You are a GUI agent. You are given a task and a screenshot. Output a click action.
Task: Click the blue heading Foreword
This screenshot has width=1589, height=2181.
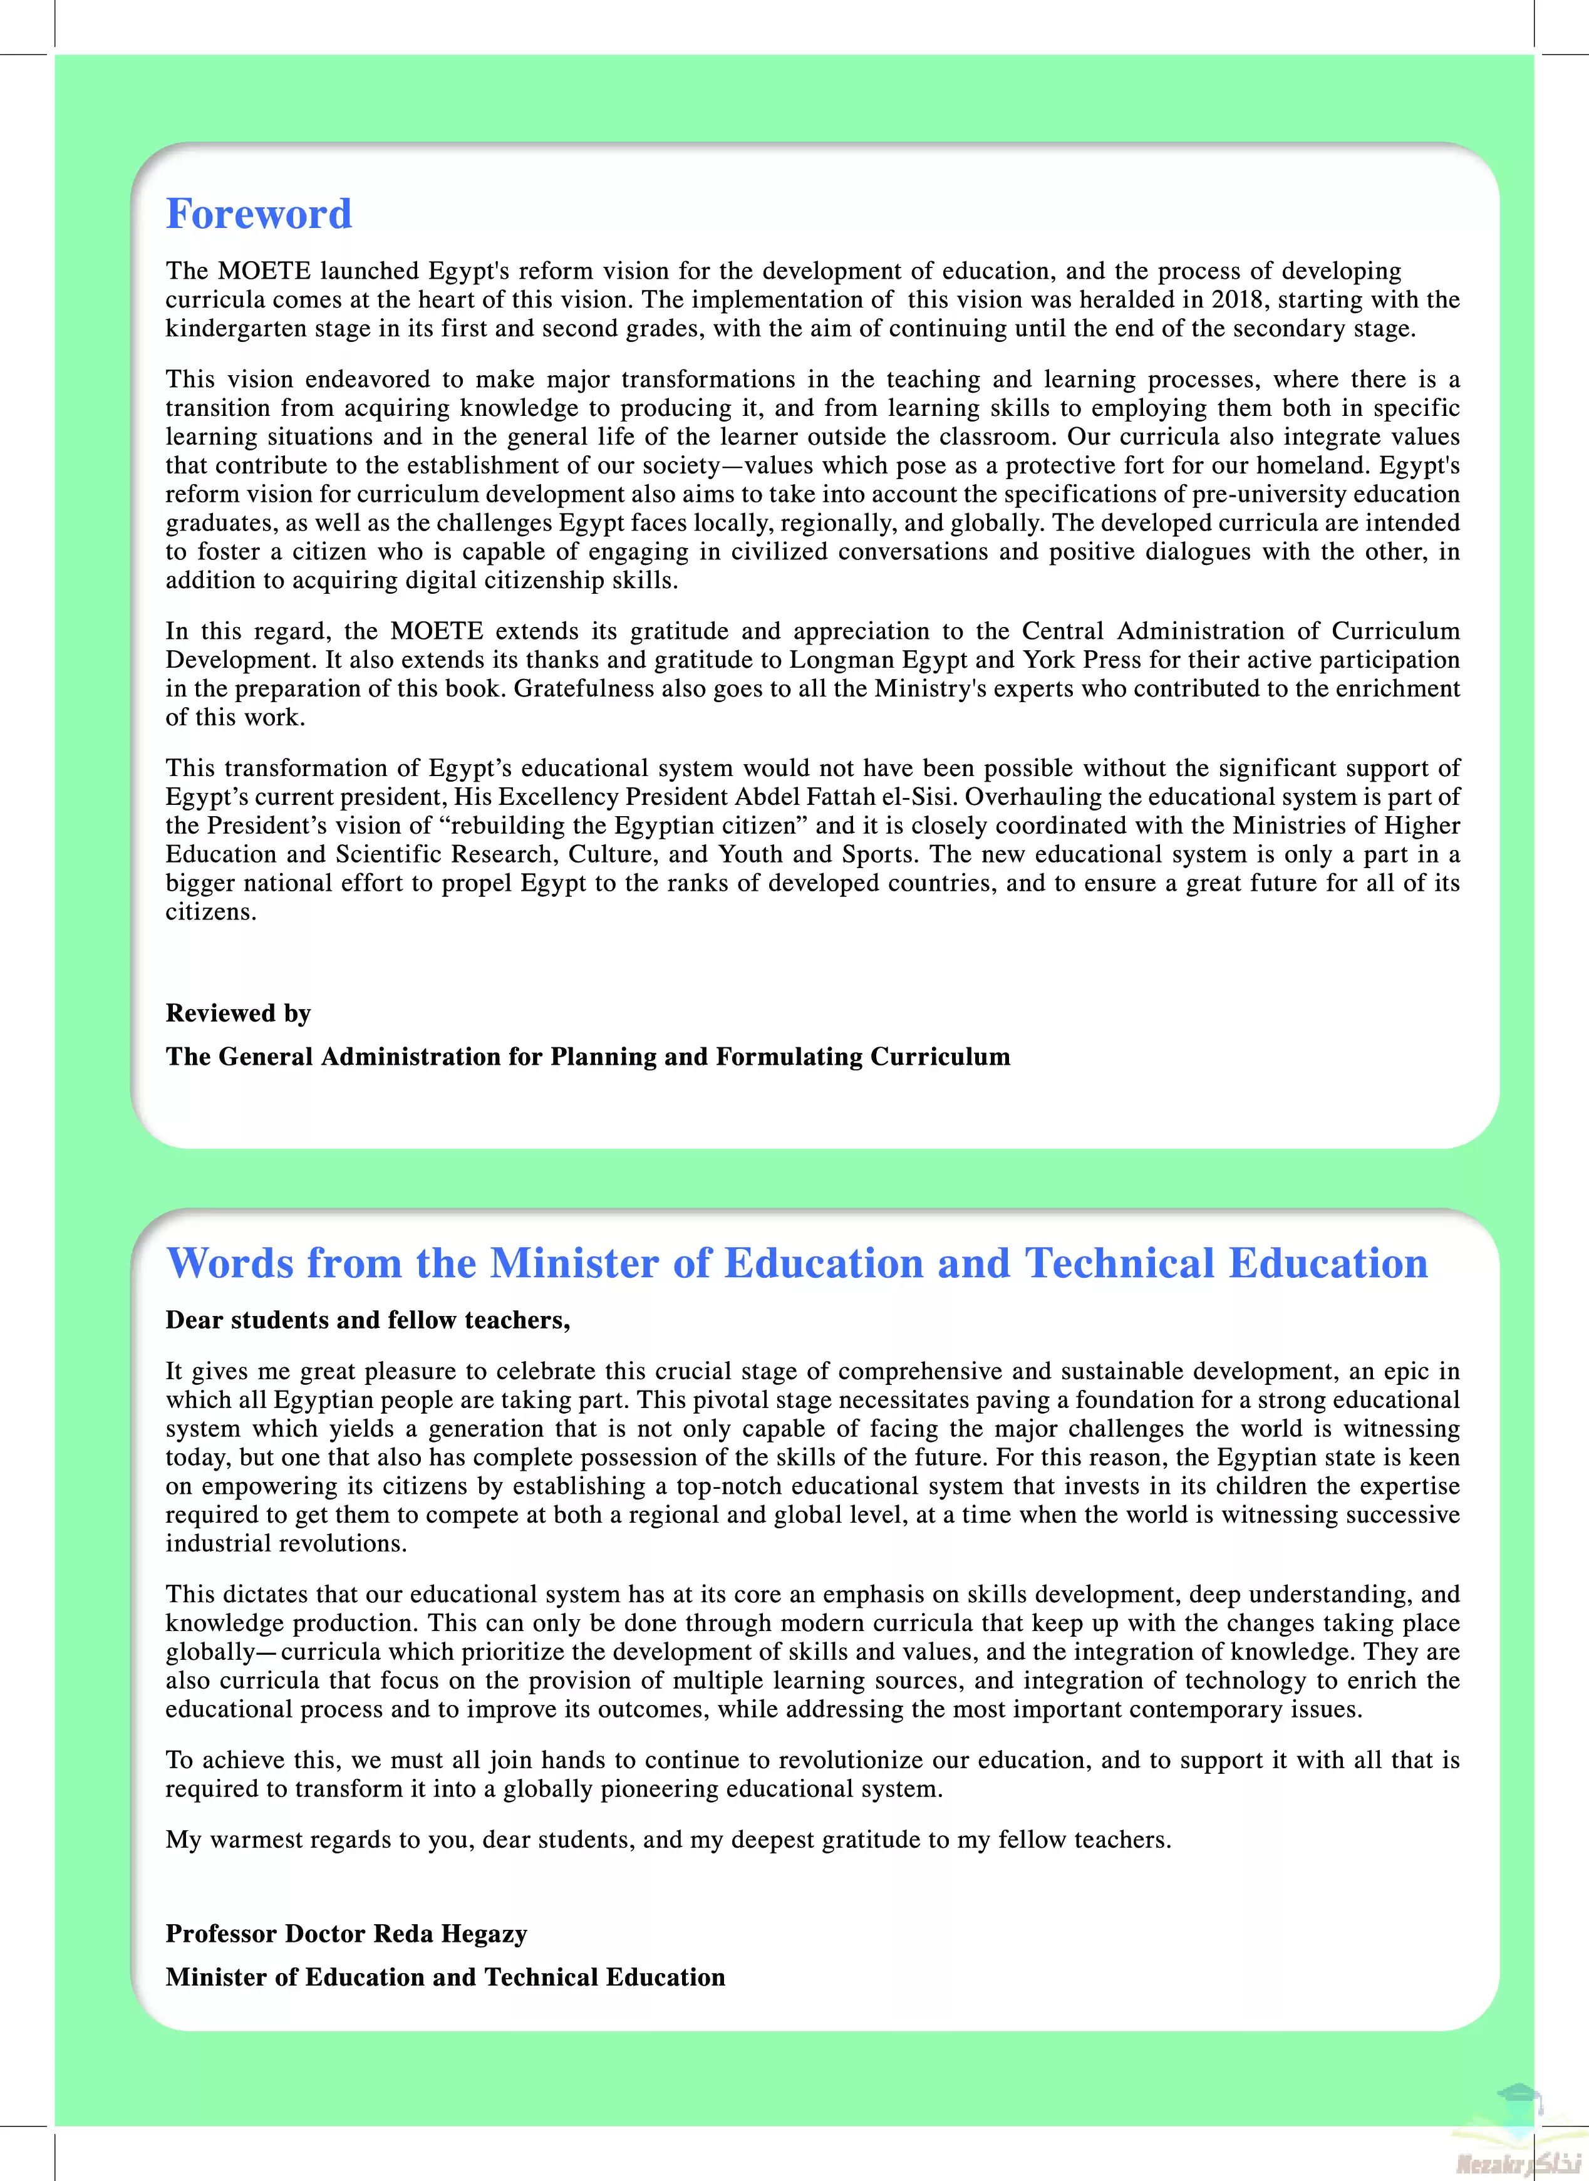tap(259, 214)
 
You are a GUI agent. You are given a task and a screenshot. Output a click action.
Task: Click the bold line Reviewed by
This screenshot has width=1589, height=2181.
tap(237, 1013)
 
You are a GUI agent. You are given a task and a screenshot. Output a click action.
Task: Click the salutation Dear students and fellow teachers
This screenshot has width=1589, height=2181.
tap(368, 1320)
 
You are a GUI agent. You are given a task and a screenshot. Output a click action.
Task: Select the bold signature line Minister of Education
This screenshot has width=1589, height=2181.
tap(445, 1977)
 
